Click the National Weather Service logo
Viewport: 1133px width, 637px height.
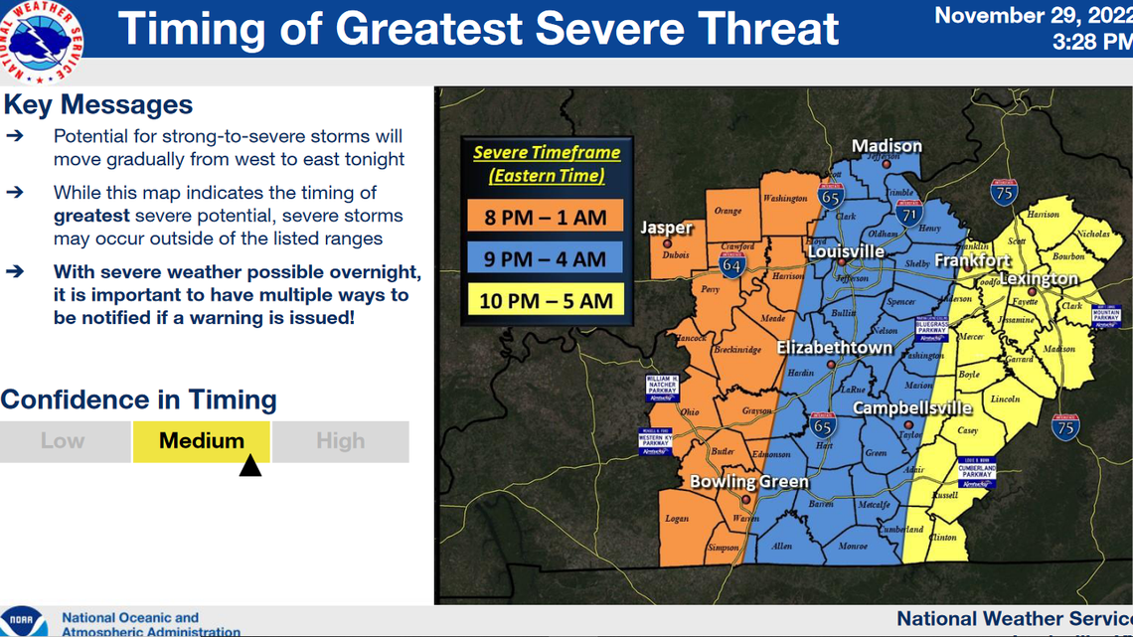pyautogui.click(x=43, y=42)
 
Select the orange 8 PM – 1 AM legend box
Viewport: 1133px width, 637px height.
pyautogui.click(x=546, y=216)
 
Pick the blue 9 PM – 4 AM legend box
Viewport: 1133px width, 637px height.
pyautogui.click(x=546, y=258)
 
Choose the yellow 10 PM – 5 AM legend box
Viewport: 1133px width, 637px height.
pyautogui.click(x=546, y=300)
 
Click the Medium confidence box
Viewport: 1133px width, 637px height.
pyautogui.click(x=202, y=441)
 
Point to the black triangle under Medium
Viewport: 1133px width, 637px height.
pyautogui.click(x=250, y=465)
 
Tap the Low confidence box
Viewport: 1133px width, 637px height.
pyautogui.click(x=64, y=441)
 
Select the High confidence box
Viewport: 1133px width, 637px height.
pyautogui.click(x=340, y=441)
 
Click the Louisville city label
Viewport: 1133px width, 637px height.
pyautogui.click(x=846, y=251)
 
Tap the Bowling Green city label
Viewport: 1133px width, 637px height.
pyautogui.click(x=749, y=482)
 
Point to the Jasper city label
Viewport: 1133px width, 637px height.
pyautogui.click(x=666, y=228)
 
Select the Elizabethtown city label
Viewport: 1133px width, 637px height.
pyautogui.click(x=835, y=348)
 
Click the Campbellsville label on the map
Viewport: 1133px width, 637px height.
pyautogui.click(x=912, y=407)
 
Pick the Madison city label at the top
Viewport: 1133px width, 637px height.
pyautogui.click(x=887, y=146)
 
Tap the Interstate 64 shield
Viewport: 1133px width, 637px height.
pyautogui.click(x=731, y=265)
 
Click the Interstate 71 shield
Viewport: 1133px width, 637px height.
pyautogui.click(x=908, y=211)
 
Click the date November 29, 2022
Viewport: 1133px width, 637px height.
pyautogui.click(x=1032, y=16)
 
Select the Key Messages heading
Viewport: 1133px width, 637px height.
pyautogui.click(x=97, y=104)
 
